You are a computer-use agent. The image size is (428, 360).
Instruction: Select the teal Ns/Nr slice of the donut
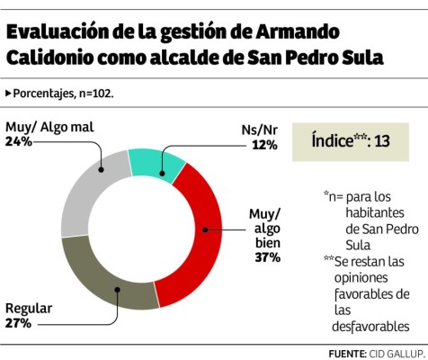(156, 160)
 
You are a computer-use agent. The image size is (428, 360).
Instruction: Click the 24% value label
(19, 141)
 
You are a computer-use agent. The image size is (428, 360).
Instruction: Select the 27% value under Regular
(19, 322)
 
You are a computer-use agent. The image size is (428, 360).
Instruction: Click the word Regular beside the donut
(29, 308)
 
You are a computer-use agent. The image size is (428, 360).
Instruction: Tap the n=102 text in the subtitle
(95, 93)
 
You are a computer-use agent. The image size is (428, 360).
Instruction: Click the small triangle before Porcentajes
(8, 93)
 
